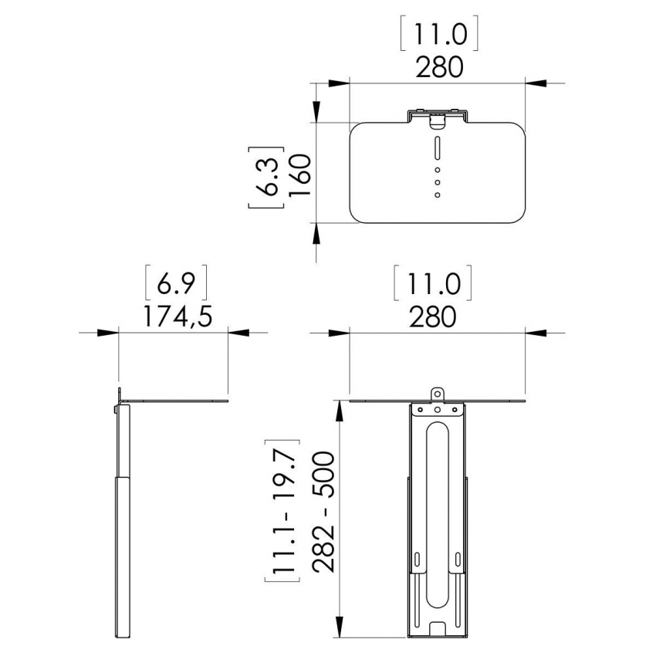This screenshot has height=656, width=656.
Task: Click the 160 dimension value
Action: pos(299,176)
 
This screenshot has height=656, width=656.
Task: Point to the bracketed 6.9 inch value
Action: pos(176,285)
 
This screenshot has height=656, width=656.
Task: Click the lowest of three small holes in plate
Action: pos(437,195)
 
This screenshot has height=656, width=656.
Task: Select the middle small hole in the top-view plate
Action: pos(437,182)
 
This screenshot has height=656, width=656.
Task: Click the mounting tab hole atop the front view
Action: pos(438,394)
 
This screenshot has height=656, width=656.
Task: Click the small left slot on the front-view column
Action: pos(417,559)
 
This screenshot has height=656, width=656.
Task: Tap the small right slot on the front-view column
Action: pos(458,559)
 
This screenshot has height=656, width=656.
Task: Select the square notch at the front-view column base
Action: pos(438,630)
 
